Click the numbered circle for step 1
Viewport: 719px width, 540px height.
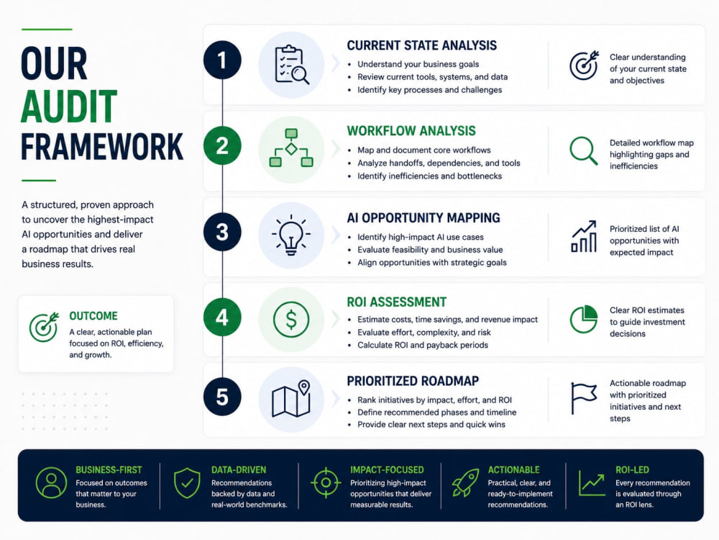(222, 60)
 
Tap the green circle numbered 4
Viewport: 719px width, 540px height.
(222, 317)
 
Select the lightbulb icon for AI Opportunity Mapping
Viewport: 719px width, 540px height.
(290, 235)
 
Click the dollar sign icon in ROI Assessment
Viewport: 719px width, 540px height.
(290, 319)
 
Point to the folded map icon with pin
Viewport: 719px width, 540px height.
(291, 399)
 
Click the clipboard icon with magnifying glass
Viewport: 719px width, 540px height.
(292, 64)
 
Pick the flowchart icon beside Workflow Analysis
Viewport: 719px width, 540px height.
(291, 148)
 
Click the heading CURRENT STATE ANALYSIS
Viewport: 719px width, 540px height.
(422, 45)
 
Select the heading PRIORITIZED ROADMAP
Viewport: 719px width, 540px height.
(413, 381)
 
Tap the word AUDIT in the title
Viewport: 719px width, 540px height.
(69, 107)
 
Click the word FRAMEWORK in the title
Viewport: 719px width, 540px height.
(102, 147)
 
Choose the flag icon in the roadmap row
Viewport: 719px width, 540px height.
(584, 398)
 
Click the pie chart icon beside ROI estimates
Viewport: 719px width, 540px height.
(584, 319)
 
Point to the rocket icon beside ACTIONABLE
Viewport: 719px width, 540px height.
(465, 482)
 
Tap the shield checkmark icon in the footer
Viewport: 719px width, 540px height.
(187, 483)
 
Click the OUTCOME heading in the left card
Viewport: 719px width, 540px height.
(93, 316)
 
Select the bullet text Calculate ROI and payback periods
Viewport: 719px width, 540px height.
(423, 346)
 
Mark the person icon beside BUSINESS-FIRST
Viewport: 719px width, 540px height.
(51, 482)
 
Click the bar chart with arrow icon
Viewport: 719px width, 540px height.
(584, 236)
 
